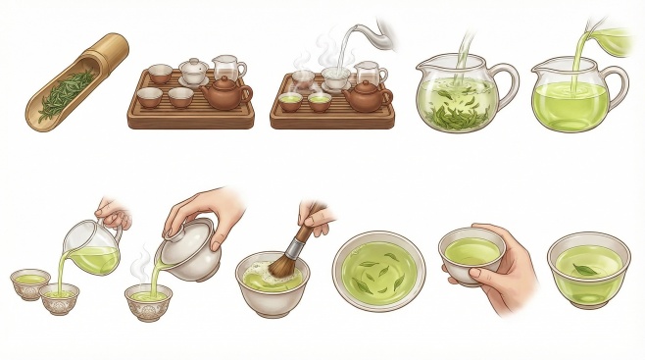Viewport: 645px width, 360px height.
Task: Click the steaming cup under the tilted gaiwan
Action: pyautogui.click(x=148, y=299)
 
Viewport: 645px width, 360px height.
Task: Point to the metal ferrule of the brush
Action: pyautogui.click(x=300, y=236)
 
